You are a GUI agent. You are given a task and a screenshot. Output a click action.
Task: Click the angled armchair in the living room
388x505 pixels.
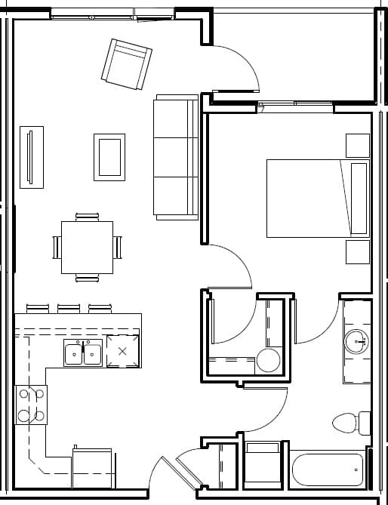pos(127,64)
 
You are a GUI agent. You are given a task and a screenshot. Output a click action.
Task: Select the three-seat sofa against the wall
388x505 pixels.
pos(176,158)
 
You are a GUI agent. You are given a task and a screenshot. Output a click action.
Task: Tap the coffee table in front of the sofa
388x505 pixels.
pos(109,156)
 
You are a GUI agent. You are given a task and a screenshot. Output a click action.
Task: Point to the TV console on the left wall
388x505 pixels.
pos(31,157)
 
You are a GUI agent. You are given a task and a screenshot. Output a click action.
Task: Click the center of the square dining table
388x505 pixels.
pos(87,248)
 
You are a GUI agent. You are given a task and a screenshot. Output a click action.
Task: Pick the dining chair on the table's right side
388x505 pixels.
pos(118,247)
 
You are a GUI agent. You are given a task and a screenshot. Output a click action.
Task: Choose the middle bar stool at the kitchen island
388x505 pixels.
pos(69,308)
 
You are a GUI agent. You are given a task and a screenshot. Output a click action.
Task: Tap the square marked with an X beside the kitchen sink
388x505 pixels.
pos(122,351)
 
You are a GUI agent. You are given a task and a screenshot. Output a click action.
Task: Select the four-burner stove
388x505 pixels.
pos(31,405)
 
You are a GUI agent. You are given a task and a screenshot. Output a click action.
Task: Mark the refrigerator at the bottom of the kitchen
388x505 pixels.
pos(93,468)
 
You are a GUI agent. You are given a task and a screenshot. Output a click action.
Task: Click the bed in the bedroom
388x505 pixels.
pos(317,198)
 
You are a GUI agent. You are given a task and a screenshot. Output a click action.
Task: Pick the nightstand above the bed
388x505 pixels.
pos(357,145)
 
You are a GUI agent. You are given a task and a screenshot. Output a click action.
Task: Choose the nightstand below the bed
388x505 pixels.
pos(357,252)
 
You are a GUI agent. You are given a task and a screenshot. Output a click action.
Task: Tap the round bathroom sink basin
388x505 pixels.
pos(356,342)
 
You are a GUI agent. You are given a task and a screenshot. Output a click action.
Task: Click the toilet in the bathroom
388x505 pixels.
pos(350,423)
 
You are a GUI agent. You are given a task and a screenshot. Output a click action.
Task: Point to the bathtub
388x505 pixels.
pos(327,470)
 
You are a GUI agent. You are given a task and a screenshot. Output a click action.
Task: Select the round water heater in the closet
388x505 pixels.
pos(268,360)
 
